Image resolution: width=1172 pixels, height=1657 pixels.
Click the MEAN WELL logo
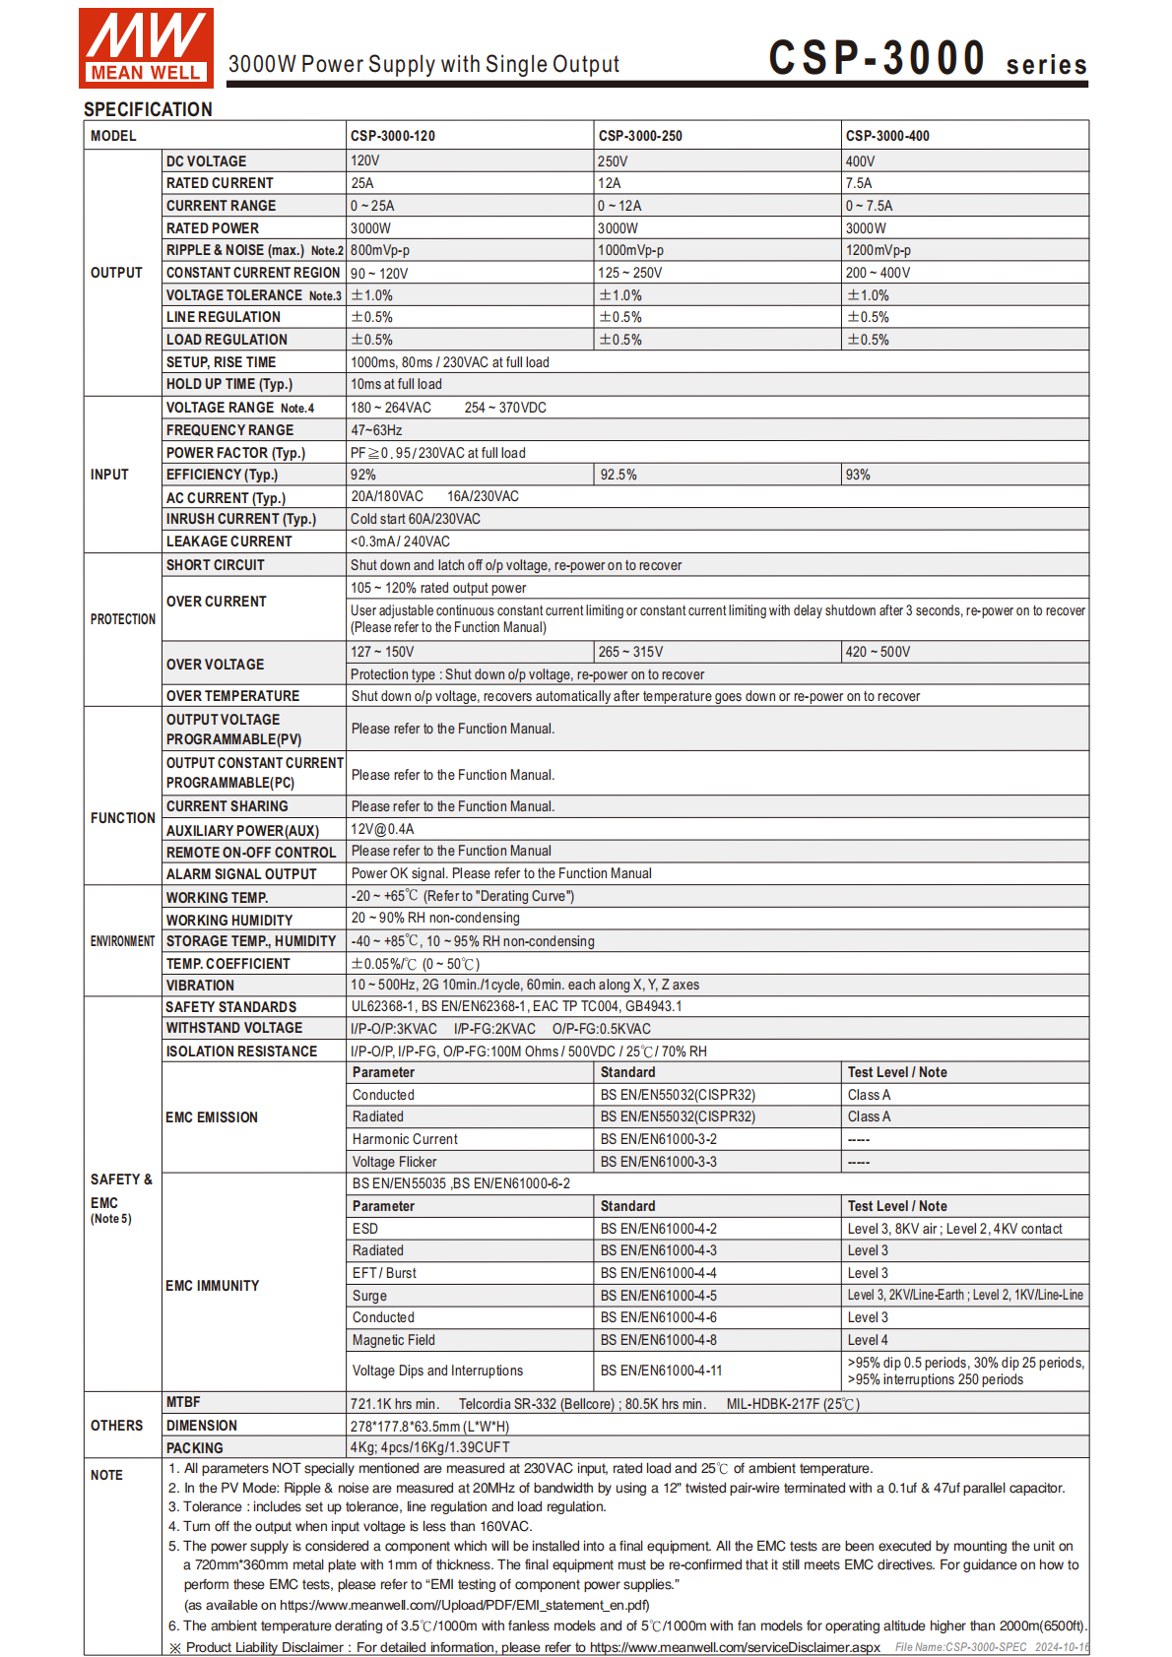point(146,47)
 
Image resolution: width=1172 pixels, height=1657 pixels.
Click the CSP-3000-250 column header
point(640,136)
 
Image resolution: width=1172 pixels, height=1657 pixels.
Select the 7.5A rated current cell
point(859,183)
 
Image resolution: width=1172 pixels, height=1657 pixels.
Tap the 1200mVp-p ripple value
point(879,250)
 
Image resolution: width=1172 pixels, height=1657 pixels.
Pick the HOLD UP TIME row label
point(229,384)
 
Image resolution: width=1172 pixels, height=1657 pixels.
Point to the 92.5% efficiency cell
point(619,475)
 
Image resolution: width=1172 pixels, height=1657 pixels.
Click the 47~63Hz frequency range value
point(376,430)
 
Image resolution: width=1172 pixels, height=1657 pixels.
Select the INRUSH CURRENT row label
point(241,519)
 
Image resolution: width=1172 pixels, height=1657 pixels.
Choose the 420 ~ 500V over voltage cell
point(879,652)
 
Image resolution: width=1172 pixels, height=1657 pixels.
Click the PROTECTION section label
point(123,619)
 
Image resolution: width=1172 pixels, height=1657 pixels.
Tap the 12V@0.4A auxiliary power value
point(383,829)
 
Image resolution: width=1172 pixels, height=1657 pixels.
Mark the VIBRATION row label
point(200,986)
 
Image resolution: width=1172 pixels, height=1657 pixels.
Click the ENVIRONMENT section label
point(123,941)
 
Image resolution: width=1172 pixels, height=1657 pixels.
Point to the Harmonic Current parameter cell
point(405,1139)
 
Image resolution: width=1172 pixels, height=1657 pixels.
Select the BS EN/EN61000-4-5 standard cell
point(659,1296)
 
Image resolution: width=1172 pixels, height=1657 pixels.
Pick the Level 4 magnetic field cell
point(868,1340)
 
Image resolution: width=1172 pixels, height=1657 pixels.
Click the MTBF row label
point(183,1402)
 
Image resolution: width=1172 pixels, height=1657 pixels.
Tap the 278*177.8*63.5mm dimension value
point(430,1426)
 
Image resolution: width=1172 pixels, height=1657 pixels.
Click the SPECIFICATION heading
point(148,109)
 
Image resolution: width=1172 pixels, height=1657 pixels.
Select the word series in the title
point(1046,65)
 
